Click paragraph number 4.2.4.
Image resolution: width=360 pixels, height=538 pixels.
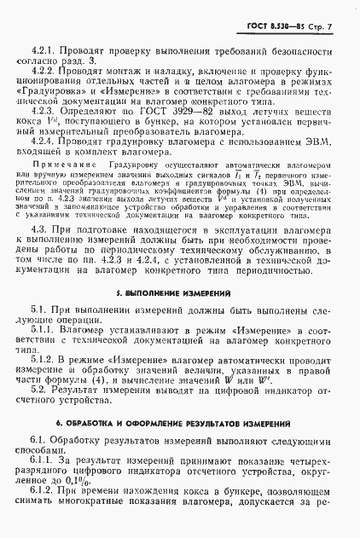[x=44, y=142]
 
